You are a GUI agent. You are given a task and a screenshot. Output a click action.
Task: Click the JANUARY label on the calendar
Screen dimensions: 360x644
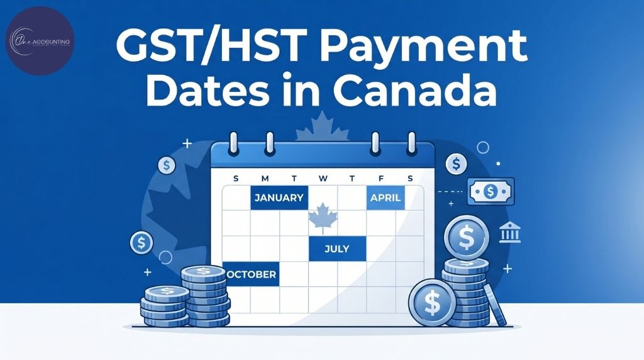click(279, 197)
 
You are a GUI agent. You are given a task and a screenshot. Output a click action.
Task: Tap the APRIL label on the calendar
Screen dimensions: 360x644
click(386, 197)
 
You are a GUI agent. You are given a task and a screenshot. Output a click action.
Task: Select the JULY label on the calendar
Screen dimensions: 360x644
click(336, 248)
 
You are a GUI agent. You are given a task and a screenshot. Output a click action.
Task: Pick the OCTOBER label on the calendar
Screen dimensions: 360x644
click(250, 274)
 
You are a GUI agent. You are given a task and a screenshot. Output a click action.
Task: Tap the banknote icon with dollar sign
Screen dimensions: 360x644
click(491, 191)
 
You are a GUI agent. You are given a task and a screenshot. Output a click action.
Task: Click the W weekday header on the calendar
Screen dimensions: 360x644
click(323, 178)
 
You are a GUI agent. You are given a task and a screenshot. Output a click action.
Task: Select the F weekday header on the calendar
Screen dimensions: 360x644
click(381, 178)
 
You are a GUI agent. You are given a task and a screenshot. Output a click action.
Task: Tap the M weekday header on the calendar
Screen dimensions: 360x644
click(265, 178)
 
